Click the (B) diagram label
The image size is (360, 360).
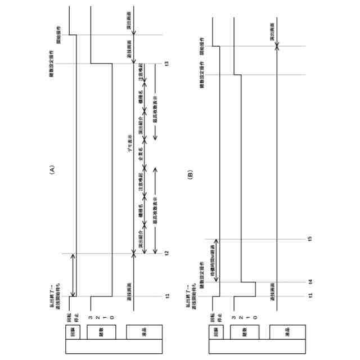[191, 175]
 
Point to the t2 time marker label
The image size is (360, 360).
[166, 254]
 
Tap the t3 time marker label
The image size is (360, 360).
[166, 63]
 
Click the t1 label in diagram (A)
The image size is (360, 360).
[166, 296]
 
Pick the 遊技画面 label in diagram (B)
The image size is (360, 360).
[272, 290]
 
